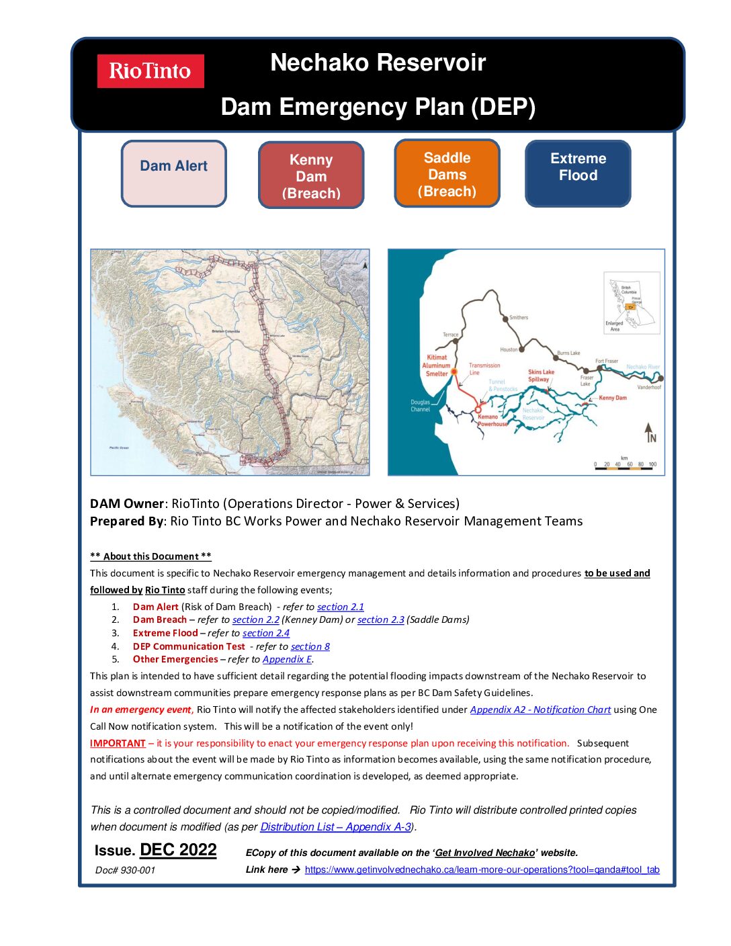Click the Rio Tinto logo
click(x=150, y=71)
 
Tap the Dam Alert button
click(x=173, y=173)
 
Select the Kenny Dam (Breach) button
click(x=311, y=176)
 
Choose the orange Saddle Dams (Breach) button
click(x=447, y=174)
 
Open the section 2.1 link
click(x=340, y=607)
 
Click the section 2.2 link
click(x=255, y=619)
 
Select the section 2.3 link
click(x=380, y=619)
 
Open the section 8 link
click(x=310, y=646)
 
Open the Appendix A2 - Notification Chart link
click(x=540, y=709)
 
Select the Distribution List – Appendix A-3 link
click(x=336, y=826)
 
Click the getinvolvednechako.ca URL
click(x=482, y=869)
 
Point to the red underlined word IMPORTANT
click(x=118, y=743)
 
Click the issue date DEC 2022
click(x=178, y=850)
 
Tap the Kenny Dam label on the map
click(x=612, y=398)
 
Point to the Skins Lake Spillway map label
click(x=541, y=376)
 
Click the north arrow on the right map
click(x=649, y=432)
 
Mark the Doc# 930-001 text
click(x=125, y=870)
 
